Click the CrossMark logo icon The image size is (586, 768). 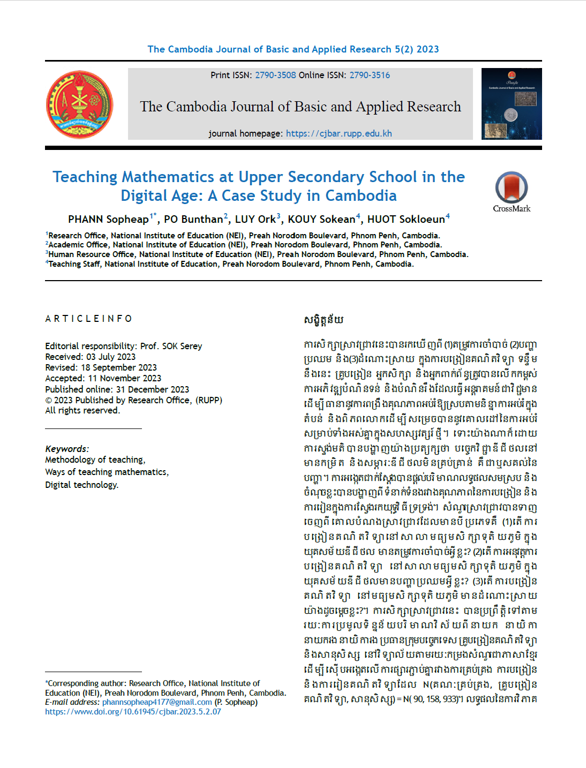(512, 188)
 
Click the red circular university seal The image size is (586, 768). (80, 104)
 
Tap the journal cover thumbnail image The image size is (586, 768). (512, 104)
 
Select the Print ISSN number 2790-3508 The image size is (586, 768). (275, 75)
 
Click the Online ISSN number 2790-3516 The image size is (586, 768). (370, 75)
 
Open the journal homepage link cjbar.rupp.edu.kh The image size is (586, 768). (339, 133)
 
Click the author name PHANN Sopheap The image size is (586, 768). (108, 219)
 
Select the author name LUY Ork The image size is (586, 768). (255, 219)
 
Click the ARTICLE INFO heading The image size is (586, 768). (88, 319)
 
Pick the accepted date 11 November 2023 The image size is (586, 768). (124, 378)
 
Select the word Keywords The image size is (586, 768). (66, 449)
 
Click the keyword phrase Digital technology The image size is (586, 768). (81, 485)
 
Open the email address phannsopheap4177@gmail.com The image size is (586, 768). (157, 702)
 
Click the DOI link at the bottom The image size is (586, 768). (133, 712)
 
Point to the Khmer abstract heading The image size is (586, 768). (324, 320)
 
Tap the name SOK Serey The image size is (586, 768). (182, 346)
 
